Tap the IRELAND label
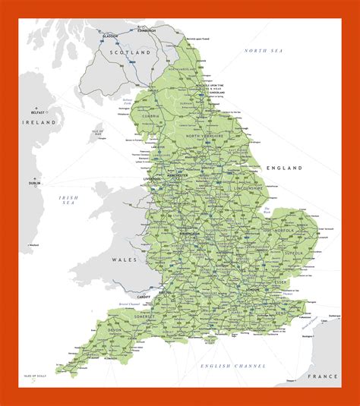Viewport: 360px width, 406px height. coord(39,121)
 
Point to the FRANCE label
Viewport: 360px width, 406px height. coord(322,376)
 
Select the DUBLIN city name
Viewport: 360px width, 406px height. coord(34,183)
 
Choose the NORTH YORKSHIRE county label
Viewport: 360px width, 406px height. coord(205,136)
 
